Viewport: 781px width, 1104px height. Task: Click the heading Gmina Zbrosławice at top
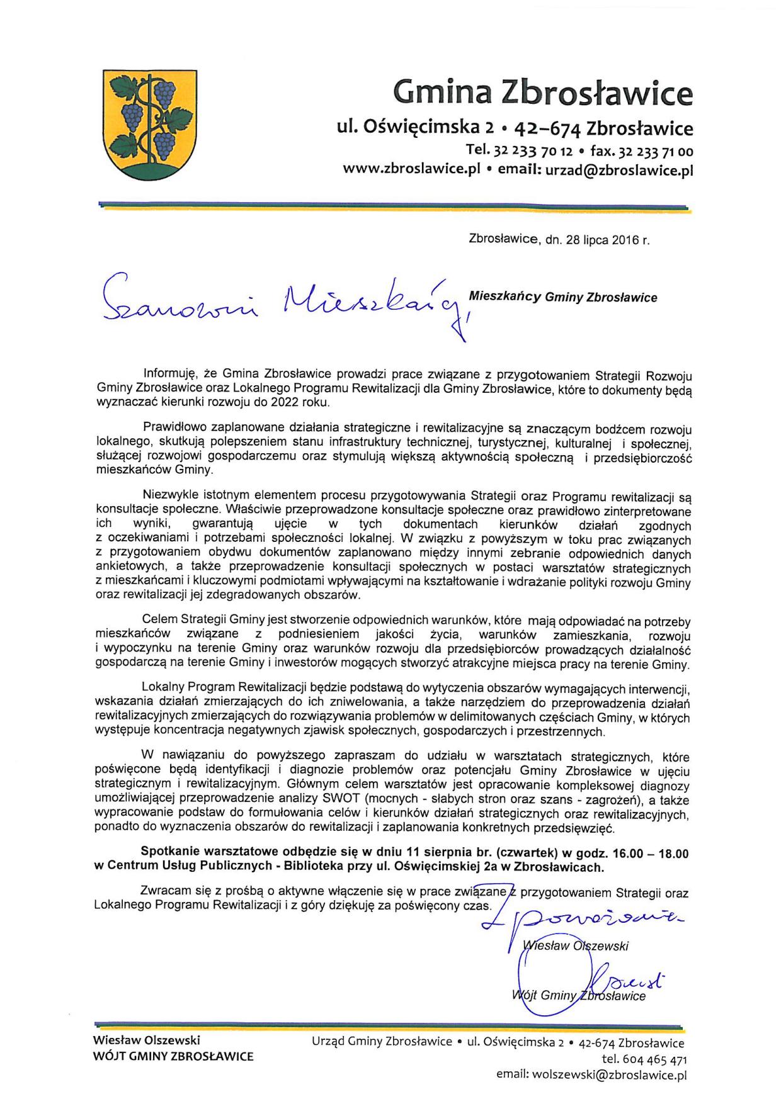click(x=542, y=93)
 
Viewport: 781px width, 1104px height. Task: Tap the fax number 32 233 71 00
click(x=656, y=152)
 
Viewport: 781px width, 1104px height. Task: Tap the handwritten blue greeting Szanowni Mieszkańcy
click(x=283, y=301)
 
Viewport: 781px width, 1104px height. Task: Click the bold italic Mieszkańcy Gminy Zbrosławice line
click(x=563, y=297)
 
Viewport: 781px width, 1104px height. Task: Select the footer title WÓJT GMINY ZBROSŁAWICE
click(x=173, y=1057)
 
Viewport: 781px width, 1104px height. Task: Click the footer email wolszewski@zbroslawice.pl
click(x=610, y=1075)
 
